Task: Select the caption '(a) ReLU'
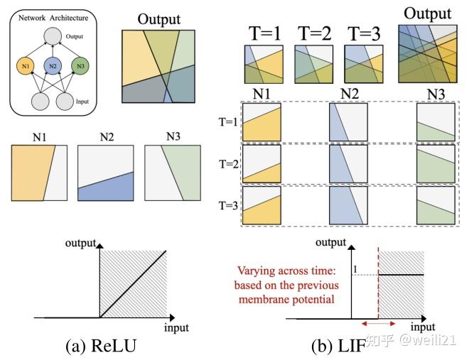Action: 97,346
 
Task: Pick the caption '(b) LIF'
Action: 337,346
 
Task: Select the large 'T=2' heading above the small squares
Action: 314,32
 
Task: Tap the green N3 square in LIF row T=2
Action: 435,164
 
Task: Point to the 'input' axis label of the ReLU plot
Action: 176,328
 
